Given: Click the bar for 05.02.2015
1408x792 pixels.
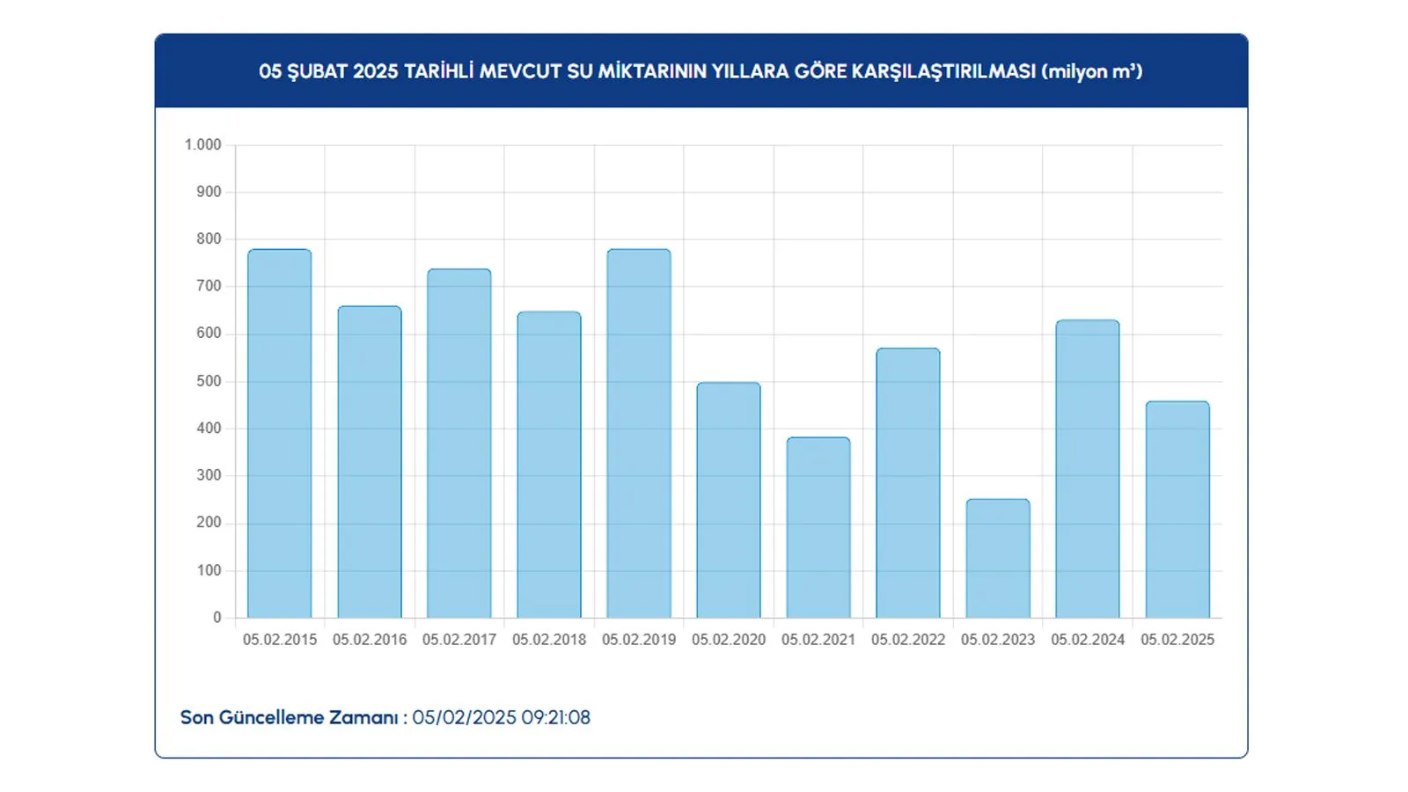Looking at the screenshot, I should [x=279, y=433].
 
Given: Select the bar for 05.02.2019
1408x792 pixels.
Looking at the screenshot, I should [x=639, y=433].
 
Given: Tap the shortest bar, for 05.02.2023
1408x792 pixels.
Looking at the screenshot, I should [x=998, y=558].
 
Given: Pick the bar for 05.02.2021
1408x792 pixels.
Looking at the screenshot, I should [x=818, y=527].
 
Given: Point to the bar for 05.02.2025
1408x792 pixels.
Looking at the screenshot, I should [x=1177, y=510].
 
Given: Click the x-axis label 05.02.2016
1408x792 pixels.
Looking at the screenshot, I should [x=370, y=640].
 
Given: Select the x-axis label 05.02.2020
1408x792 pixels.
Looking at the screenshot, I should [x=729, y=640].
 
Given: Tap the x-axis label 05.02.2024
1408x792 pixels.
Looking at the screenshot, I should [x=1088, y=640].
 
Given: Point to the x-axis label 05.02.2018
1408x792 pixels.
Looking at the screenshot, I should [x=549, y=640].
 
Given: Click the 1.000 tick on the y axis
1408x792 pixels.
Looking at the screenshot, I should [x=202, y=145].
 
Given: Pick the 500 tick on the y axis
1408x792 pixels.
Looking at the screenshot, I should [x=209, y=381].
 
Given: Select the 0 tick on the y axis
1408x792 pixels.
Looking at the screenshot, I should [x=216, y=618].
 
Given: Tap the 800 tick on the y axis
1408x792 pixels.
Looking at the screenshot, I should [x=209, y=239].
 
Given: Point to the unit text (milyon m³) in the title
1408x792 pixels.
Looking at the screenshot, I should [x=1092, y=71].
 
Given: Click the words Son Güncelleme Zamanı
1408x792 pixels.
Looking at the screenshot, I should [x=289, y=718].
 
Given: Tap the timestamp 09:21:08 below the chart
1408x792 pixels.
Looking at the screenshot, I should [x=555, y=718].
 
